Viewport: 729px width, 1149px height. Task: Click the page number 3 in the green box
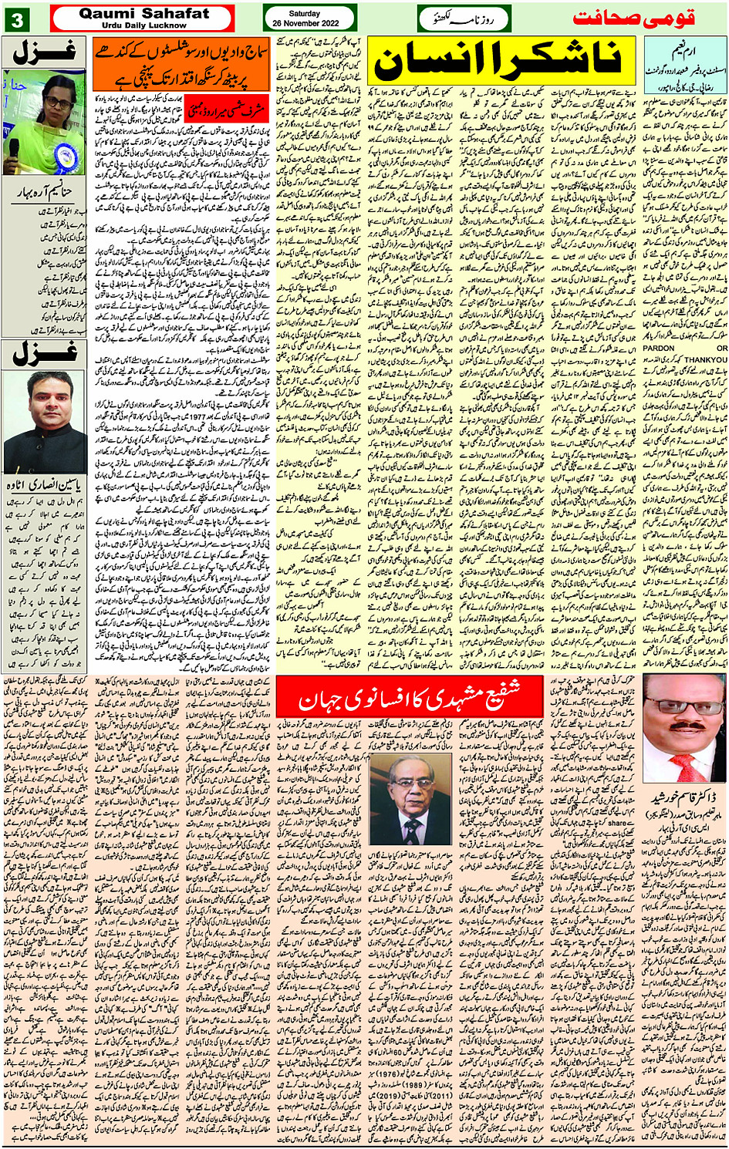point(16,19)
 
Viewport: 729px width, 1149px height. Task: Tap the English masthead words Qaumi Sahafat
point(143,13)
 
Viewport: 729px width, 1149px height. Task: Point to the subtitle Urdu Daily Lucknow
point(143,25)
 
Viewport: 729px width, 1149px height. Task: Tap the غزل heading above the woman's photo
point(45,52)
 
